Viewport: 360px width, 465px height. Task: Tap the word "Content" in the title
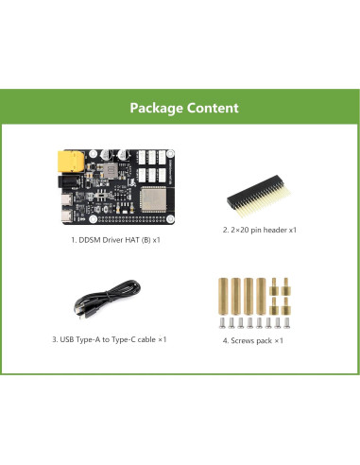pyautogui.click(x=212, y=108)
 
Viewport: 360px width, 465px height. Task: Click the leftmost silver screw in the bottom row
pyautogui.click(x=222, y=322)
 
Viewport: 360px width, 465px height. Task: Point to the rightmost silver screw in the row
pyautogui.click(x=288, y=322)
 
